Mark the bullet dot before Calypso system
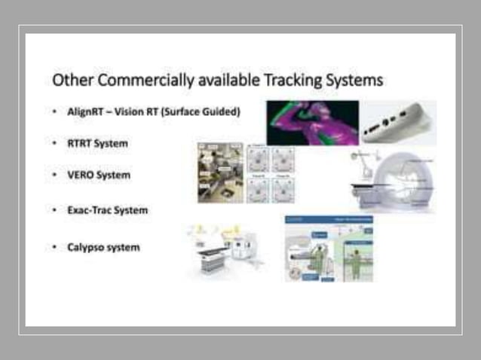point(55,247)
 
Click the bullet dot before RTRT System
point(55,142)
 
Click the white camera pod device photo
point(397,123)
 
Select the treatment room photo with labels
point(220,172)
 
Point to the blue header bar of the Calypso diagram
point(329,220)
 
